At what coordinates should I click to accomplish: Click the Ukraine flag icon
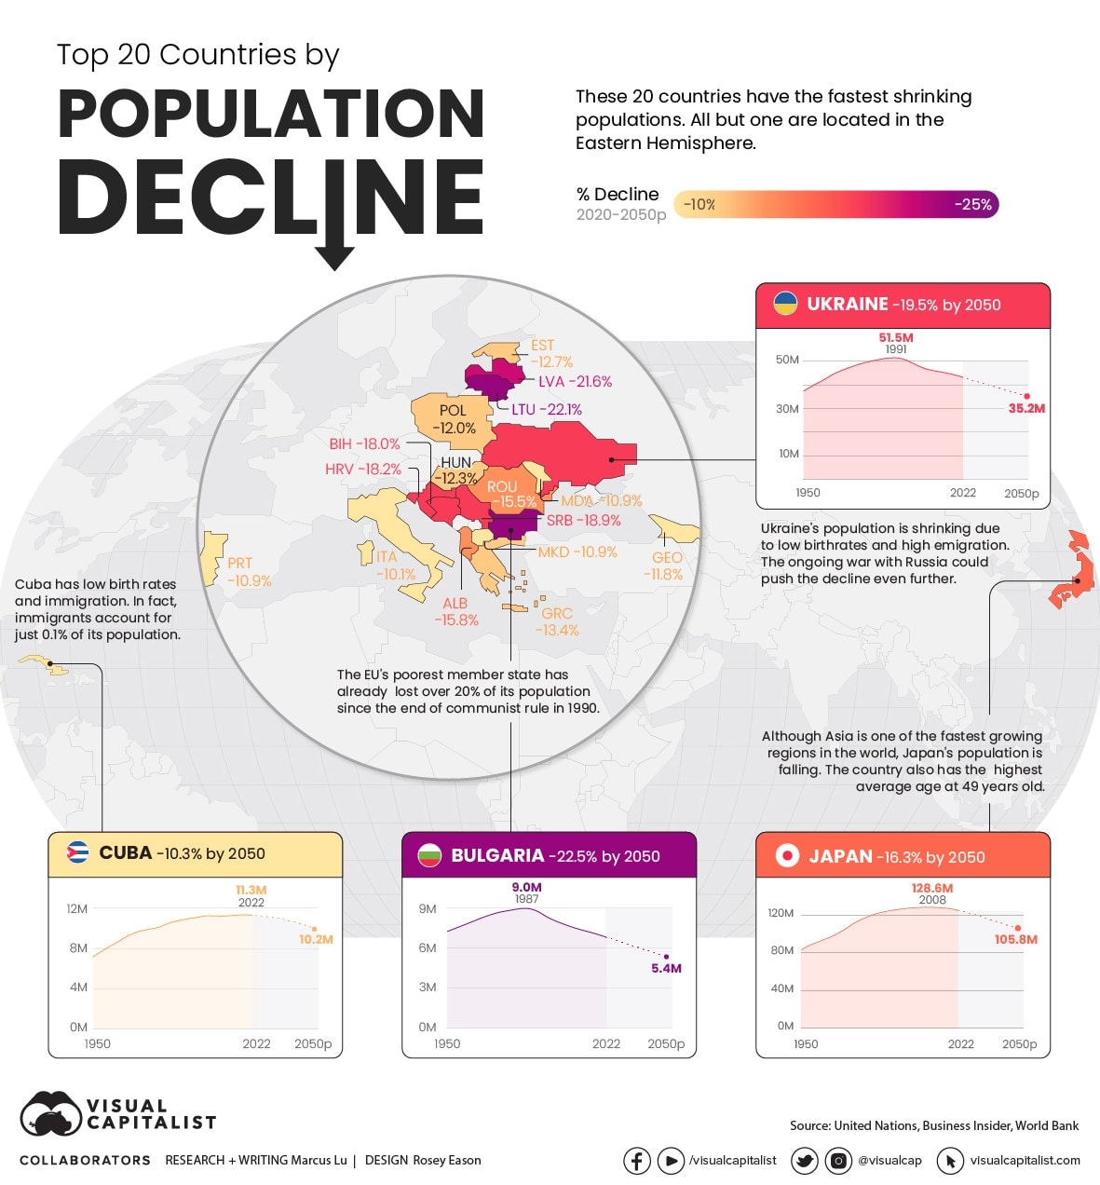(x=786, y=304)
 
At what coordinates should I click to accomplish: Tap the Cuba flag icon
(x=77, y=853)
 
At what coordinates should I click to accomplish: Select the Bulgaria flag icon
(x=428, y=855)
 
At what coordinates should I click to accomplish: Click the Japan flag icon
(x=787, y=856)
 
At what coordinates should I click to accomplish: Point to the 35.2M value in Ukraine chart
(x=1026, y=409)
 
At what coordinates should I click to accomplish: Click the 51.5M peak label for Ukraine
(x=895, y=337)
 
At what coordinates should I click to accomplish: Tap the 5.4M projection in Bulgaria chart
(x=666, y=969)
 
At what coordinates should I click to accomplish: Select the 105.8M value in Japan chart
(x=1015, y=940)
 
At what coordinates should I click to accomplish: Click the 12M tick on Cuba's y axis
(x=76, y=908)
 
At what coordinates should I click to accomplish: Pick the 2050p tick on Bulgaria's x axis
(x=666, y=1044)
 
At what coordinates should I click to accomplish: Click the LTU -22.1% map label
(x=546, y=409)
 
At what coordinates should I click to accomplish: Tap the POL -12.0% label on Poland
(x=454, y=419)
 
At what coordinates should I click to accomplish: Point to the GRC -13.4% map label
(x=557, y=621)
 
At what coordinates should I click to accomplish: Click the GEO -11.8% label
(x=665, y=565)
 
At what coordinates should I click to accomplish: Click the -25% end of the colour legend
(x=973, y=205)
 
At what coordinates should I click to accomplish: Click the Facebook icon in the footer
(x=636, y=1161)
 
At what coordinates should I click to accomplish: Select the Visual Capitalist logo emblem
(x=51, y=1114)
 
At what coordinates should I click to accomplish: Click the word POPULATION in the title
(x=271, y=115)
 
